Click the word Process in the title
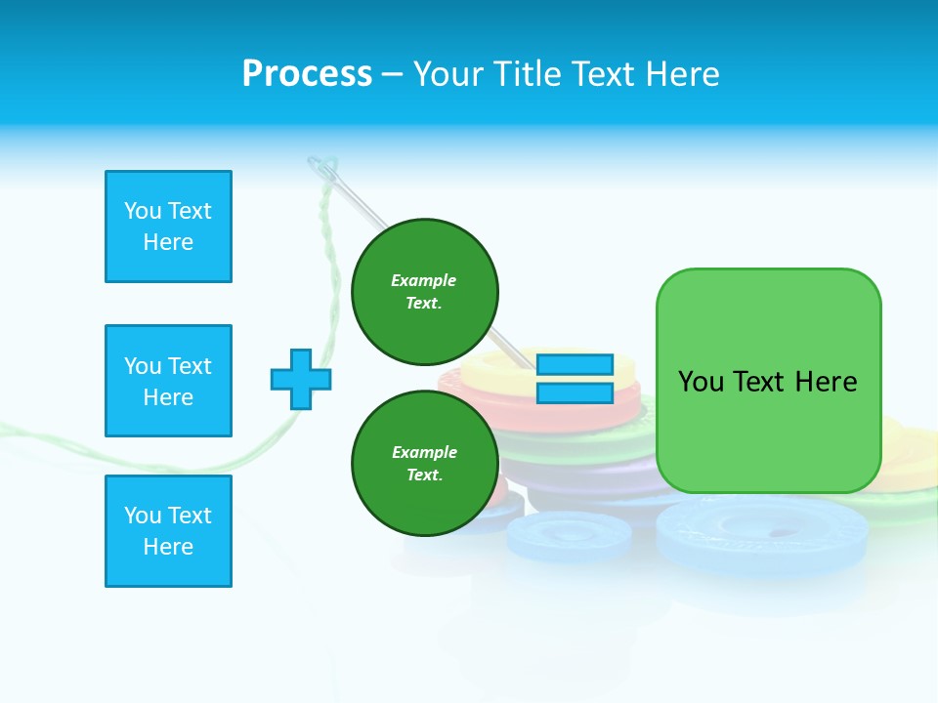click(x=307, y=73)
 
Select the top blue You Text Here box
click(x=168, y=227)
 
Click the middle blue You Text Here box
click(x=168, y=381)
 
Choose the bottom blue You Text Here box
click(x=168, y=531)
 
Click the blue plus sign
click(x=301, y=379)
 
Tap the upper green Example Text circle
click(x=425, y=291)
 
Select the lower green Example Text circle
click(x=425, y=463)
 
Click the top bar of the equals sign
click(x=575, y=364)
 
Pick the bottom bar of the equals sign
click(x=575, y=393)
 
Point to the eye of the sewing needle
click(x=327, y=175)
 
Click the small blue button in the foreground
click(x=569, y=536)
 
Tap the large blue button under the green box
click(x=762, y=532)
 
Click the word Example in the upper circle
click(x=423, y=280)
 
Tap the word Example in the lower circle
click(x=424, y=452)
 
